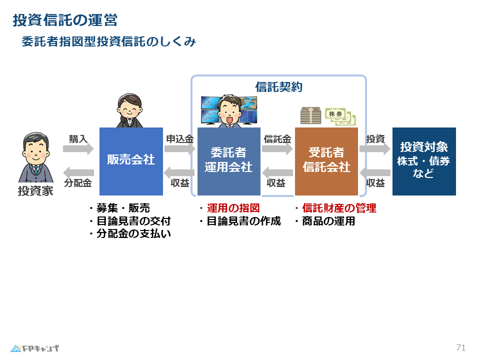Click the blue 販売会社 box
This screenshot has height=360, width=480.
(131, 161)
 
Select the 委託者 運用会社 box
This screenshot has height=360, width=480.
(229, 161)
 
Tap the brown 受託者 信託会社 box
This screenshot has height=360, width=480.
(326, 161)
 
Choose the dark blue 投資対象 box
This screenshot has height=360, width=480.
(424, 161)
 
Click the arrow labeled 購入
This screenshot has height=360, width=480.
(78, 149)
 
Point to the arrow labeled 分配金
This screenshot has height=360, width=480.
(78, 172)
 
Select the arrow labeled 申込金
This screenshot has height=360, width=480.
(179, 149)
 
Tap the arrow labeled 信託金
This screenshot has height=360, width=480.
(277, 149)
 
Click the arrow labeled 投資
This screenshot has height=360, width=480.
(375, 149)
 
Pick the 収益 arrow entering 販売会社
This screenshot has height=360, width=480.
(179, 172)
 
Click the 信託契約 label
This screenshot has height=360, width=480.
(279, 87)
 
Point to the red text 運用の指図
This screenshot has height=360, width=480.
(233, 208)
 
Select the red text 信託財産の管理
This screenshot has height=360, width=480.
(339, 208)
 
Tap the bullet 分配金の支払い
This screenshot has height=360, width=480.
(130, 233)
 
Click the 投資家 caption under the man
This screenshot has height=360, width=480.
(35, 191)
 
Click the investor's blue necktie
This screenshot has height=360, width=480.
(36, 170)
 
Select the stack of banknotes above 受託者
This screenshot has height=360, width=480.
(310, 115)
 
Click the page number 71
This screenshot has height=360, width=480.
(460, 348)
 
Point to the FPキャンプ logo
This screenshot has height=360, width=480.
(34, 348)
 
